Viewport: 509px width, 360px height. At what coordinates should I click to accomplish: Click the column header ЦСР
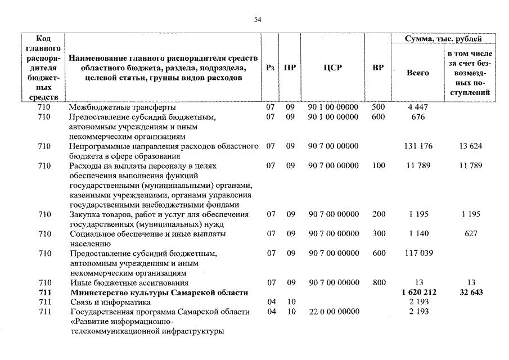coord(333,67)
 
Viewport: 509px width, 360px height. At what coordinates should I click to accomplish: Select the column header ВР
coord(378,67)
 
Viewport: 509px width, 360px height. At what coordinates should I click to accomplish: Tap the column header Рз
coord(271,67)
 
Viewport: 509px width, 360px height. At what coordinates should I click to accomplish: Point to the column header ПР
coord(290,67)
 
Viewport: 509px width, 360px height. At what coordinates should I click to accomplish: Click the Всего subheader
coord(417,73)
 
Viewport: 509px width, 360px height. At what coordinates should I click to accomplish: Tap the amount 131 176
coord(418,146)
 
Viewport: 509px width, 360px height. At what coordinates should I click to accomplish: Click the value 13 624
coord(471,146)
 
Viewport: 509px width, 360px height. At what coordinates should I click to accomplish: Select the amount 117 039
coord(418,253)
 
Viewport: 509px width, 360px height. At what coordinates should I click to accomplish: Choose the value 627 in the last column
coord(471,233)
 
